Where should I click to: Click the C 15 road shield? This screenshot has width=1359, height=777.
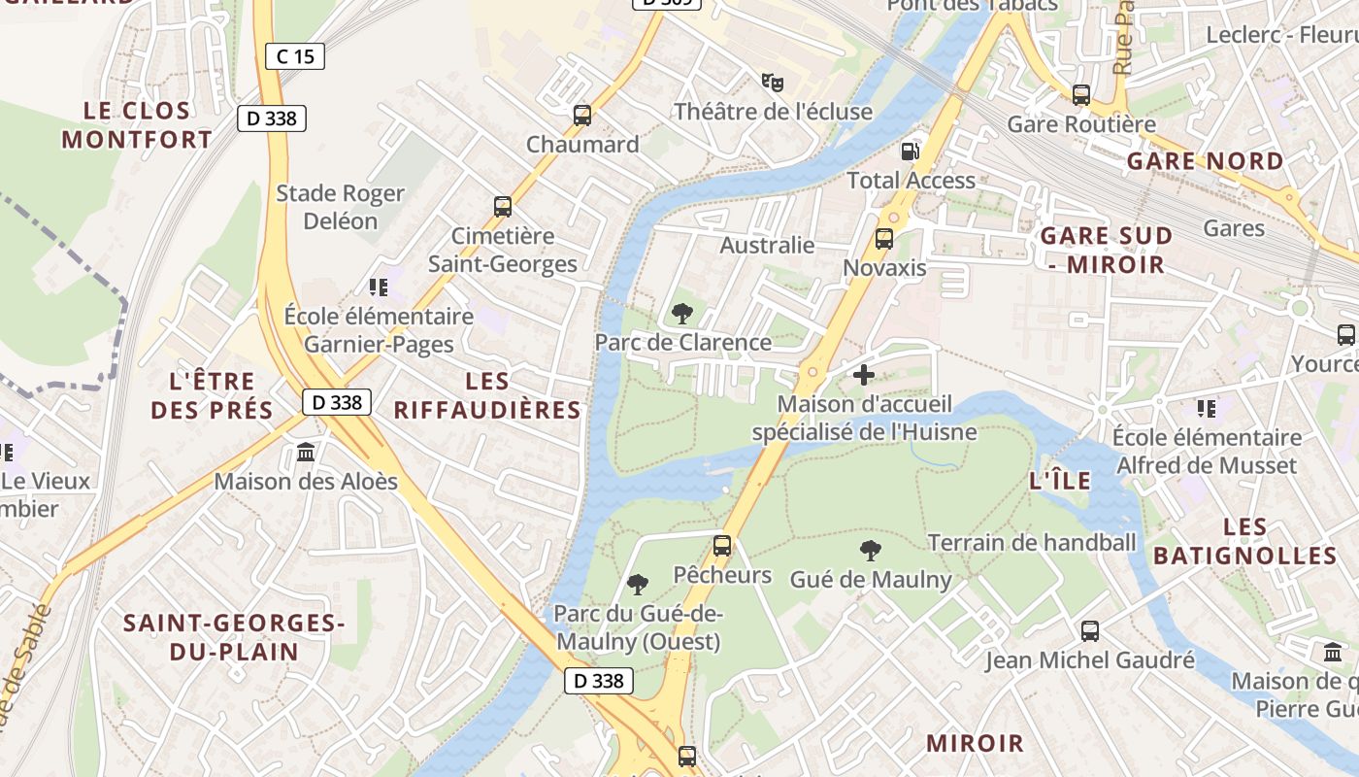tap(295, 56)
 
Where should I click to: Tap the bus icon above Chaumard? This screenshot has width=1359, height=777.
tap(582, 116)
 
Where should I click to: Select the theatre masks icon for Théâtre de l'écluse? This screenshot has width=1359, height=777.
tap(773, 83)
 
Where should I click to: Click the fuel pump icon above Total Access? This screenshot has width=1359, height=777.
tap(911, 151)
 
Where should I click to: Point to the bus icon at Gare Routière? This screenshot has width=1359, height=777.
tap(1081, 95)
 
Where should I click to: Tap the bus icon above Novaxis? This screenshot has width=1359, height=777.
tap(884, 238)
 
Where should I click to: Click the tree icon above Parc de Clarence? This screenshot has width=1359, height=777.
tap(682, 313)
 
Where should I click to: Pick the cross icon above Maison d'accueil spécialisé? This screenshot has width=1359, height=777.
tap(864, 374)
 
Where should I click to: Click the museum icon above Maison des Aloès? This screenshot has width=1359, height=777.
tap(307, 453)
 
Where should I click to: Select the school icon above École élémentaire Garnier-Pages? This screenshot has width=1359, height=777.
tap(379, 287)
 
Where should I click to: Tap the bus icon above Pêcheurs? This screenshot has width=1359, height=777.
tap(722, 546)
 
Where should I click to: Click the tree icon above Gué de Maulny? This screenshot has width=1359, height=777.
tap(871, 551)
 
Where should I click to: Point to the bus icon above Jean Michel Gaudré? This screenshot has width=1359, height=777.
tap(1090, 631)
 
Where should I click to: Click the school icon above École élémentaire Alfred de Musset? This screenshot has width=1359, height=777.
tap(1207, 409)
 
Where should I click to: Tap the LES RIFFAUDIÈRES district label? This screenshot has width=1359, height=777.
tap(487, 395)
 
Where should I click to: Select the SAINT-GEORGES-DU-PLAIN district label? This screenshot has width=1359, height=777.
tap(234, 637)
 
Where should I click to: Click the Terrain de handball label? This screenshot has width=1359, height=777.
tap(1031, 543)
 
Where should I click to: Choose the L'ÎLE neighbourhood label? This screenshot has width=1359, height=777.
tap(1059, 481)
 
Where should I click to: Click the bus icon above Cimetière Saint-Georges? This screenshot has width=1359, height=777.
tap(503, 207)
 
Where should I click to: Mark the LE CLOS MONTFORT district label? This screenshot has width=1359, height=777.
tap(137, 124)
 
